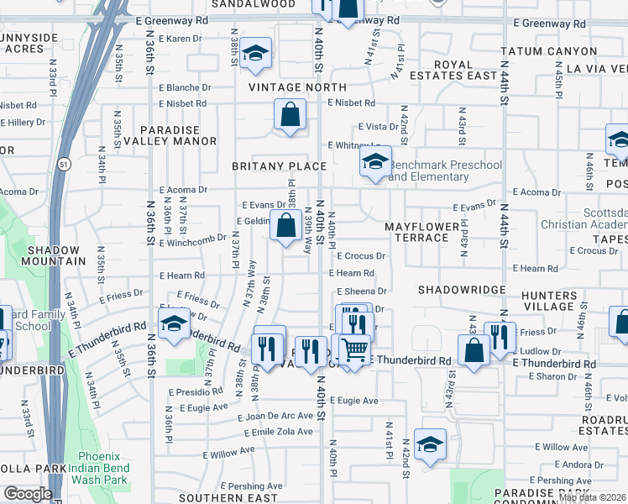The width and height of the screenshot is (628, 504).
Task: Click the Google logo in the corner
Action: pyautogui.click(x=27, y=494)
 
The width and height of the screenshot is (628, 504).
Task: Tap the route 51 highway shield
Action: pyautogui.click(x=65, y=165)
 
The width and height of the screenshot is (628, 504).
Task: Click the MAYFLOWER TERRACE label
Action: pyautogui.click(x=421, y=233)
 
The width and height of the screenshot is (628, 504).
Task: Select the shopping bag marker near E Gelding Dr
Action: pyautogui.click(x=286, y=226)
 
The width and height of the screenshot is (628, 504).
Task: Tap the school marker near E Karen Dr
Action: pyautogui.click(x=255, y=54)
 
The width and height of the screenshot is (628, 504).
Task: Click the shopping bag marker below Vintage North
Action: pyautogui.click(x=290, y=114)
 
